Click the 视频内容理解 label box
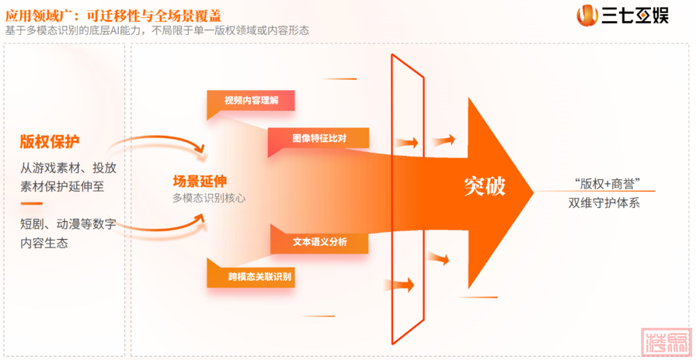tap(251, 100)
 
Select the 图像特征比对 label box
tap(319, 138)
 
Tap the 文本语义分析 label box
tap(320, 242)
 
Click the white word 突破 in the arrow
tap(485, 185)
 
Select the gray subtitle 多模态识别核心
tap(209, 198)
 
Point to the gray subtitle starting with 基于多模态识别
tap(157, 30)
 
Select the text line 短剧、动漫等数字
tap(68, 224)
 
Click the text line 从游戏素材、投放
tap(68, 169)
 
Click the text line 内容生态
tap(44, 243)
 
